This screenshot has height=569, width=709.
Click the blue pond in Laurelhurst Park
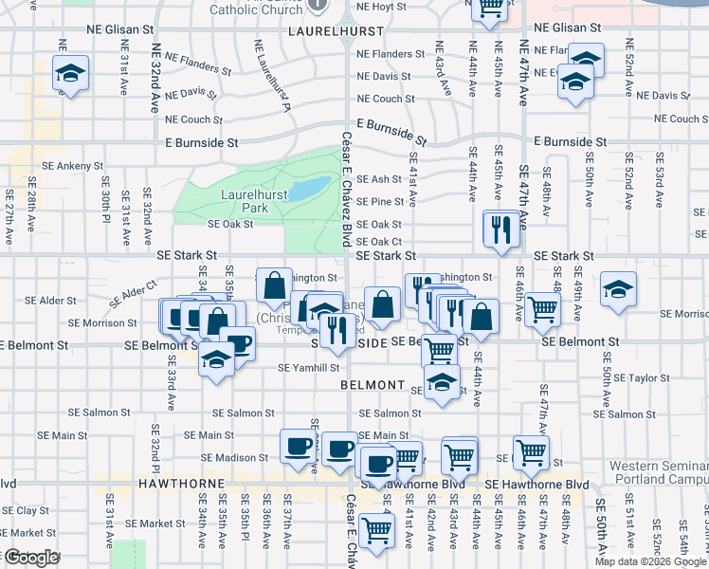click(306, 190)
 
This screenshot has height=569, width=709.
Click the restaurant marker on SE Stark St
click(500, 229)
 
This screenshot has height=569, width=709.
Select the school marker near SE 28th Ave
click(69, 74)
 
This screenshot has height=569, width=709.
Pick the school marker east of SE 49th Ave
click(617, 292)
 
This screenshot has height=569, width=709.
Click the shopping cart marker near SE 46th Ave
click(541, 308)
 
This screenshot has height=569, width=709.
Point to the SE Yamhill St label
click(308, 368)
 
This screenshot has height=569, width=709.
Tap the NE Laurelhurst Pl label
click(272, 76)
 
